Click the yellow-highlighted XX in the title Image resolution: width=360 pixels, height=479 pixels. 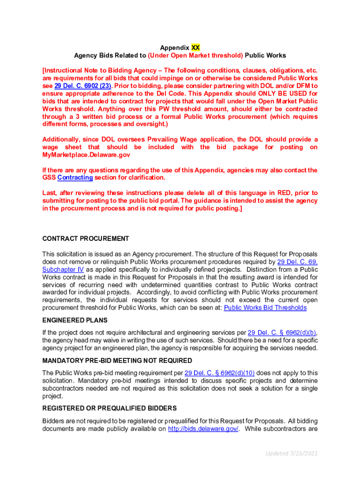(x=195, y=48)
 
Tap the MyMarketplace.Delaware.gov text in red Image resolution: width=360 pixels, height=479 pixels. (x=86, y=155)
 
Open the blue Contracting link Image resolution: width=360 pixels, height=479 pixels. (x=75, y=178)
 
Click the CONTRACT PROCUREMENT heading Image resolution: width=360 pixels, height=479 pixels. (x=86, y=239)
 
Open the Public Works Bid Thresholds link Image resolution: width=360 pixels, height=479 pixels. (x=265, y=308)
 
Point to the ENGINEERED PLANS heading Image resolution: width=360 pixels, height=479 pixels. (x=75, y=320)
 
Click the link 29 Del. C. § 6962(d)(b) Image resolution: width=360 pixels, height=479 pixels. (x=282, y=333)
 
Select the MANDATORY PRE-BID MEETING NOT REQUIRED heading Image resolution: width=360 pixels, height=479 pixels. (x=117, y=361)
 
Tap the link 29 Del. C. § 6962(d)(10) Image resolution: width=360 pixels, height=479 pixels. (x=220, y=373)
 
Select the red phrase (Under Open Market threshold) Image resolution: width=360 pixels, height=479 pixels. (x=195, y=55)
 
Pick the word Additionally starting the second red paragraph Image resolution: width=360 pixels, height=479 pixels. (x=63, y=139)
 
